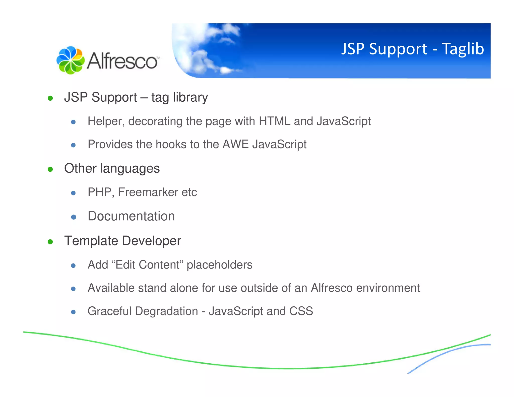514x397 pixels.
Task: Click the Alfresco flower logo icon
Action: pos(70,60)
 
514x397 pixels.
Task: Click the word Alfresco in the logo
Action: pos(122,61)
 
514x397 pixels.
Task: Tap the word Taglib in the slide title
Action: pos(463,49)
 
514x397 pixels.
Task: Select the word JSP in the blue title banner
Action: pos(353,49)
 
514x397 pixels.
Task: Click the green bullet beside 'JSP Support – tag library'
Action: pos(50,98)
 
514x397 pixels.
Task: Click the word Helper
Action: pos(106,121)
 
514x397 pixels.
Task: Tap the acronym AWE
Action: pos(235,144)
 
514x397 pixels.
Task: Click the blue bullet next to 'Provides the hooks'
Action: pos(73,145)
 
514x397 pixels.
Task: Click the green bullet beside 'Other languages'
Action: pos(50,169)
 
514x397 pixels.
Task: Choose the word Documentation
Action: pos(131,216)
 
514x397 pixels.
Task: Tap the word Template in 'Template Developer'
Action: pos(91,241)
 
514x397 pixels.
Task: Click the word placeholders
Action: pos(219,265)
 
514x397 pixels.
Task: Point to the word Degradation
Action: pos(166,311)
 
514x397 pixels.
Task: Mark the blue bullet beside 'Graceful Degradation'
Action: pos(73,312)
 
